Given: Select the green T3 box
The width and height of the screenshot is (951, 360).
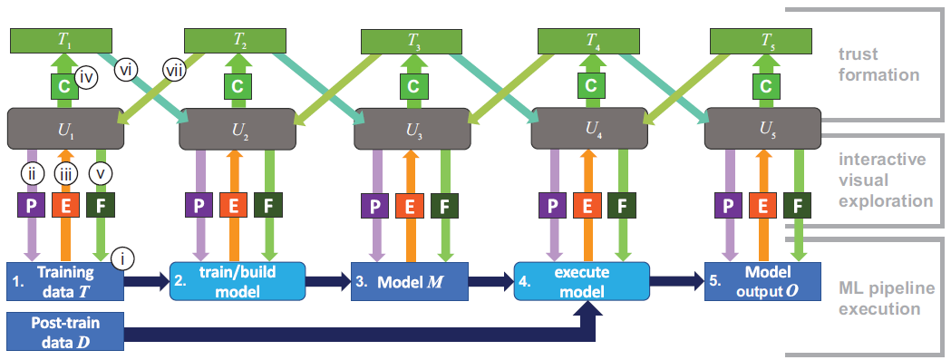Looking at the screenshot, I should pos(413,41).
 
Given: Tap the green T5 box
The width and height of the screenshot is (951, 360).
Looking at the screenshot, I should pos(766,41).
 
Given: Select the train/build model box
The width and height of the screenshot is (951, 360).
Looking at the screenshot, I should pos(238,281).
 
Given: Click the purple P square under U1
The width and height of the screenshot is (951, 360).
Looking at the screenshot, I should pos(30,206).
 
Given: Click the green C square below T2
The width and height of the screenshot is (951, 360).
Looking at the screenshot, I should pos(237,86).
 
